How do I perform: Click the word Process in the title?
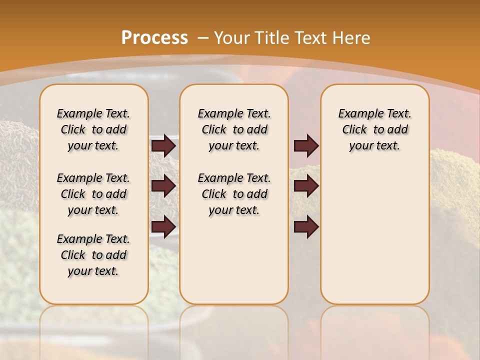(x=154, y=37)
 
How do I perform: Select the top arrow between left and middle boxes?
(x=163, y=145)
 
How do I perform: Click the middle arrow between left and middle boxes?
(x=163, y=186)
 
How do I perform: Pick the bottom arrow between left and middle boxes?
(x=163, y=226)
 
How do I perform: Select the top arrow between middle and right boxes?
(x=306, y=145)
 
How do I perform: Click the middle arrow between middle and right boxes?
(x=306, y=186)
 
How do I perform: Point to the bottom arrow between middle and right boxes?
(x=306, y=226)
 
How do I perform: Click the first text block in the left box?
(x=93, y=129)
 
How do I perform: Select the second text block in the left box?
(x=93, y=194)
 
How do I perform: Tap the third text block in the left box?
(x=93, y=255)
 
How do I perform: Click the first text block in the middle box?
(x=234, y=129)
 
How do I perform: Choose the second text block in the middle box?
(x=234, y=194)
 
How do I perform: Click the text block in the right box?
(x=374, y=129)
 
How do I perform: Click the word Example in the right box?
(x=359, y=113)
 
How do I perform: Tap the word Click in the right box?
(x=354, y=129)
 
